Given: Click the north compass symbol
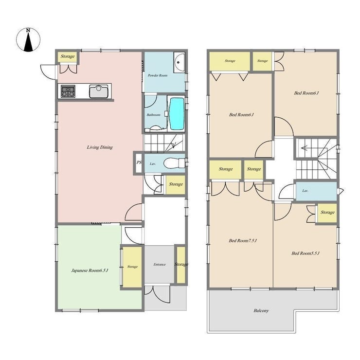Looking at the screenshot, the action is (28, 40).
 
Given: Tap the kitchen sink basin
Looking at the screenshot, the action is (99, 91).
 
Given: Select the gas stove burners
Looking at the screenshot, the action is (68, 91).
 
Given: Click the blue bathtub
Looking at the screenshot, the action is (176, 114).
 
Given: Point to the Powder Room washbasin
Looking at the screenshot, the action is (179, 62).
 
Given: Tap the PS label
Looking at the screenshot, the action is (139, 162).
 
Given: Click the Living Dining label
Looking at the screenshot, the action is (100, 147).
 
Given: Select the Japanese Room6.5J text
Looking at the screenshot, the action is (90, 270).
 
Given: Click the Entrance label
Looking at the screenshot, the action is (160, 265).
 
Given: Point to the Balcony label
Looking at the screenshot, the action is (261, 311).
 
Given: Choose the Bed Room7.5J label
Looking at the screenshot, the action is (243, 241).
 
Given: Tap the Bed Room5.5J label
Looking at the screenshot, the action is (306, 253).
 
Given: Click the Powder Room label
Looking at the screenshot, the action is (158, 75).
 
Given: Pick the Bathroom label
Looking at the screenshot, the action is (153, 115).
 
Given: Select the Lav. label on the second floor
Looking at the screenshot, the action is (305, 191).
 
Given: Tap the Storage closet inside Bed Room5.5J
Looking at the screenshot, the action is (327, 213).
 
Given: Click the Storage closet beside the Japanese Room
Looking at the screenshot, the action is (132, 267).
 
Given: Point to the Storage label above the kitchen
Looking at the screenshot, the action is (68, 56).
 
